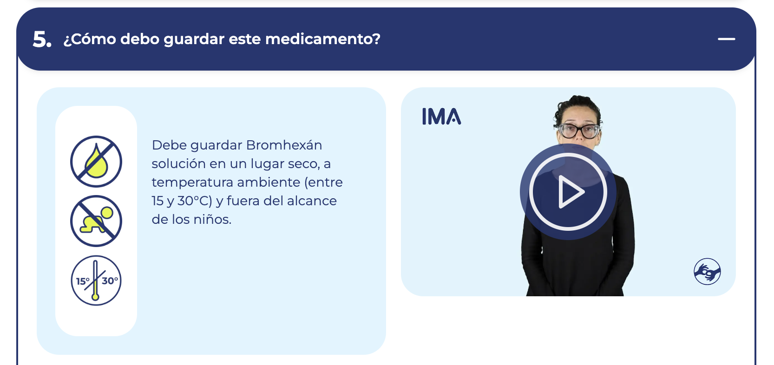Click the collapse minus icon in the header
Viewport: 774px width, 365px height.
[x=726, y=39]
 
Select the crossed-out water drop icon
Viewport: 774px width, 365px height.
[x=96, y=162]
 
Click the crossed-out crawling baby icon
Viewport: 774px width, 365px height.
[x=96, y=221]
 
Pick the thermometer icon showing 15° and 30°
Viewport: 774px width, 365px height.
[x=96, y=280]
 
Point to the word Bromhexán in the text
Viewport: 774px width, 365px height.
[x=284, y=145]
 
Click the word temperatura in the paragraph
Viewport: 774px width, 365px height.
[x=192, y=182]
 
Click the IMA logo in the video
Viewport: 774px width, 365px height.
[x=441, y=117]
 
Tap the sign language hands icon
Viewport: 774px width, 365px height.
[x=707, y=271]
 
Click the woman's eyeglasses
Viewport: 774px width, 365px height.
[x=579, y=131]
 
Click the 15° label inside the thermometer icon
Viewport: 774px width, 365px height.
[x=83, y=281]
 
